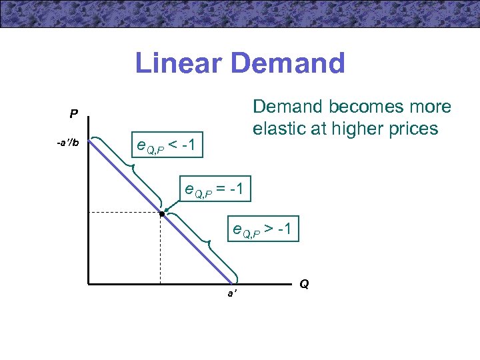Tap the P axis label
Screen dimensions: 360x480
(x=74, y=113)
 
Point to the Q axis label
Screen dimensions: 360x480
(x=304, y=284)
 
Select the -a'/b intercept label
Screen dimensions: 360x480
(x=67, y=142)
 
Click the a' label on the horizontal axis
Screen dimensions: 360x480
(x=231, y=293)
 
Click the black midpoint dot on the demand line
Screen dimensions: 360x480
(x=161, y=214)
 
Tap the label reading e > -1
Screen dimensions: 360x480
(x=261, y=231)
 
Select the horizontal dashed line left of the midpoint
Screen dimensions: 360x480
(x=123, y=212)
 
